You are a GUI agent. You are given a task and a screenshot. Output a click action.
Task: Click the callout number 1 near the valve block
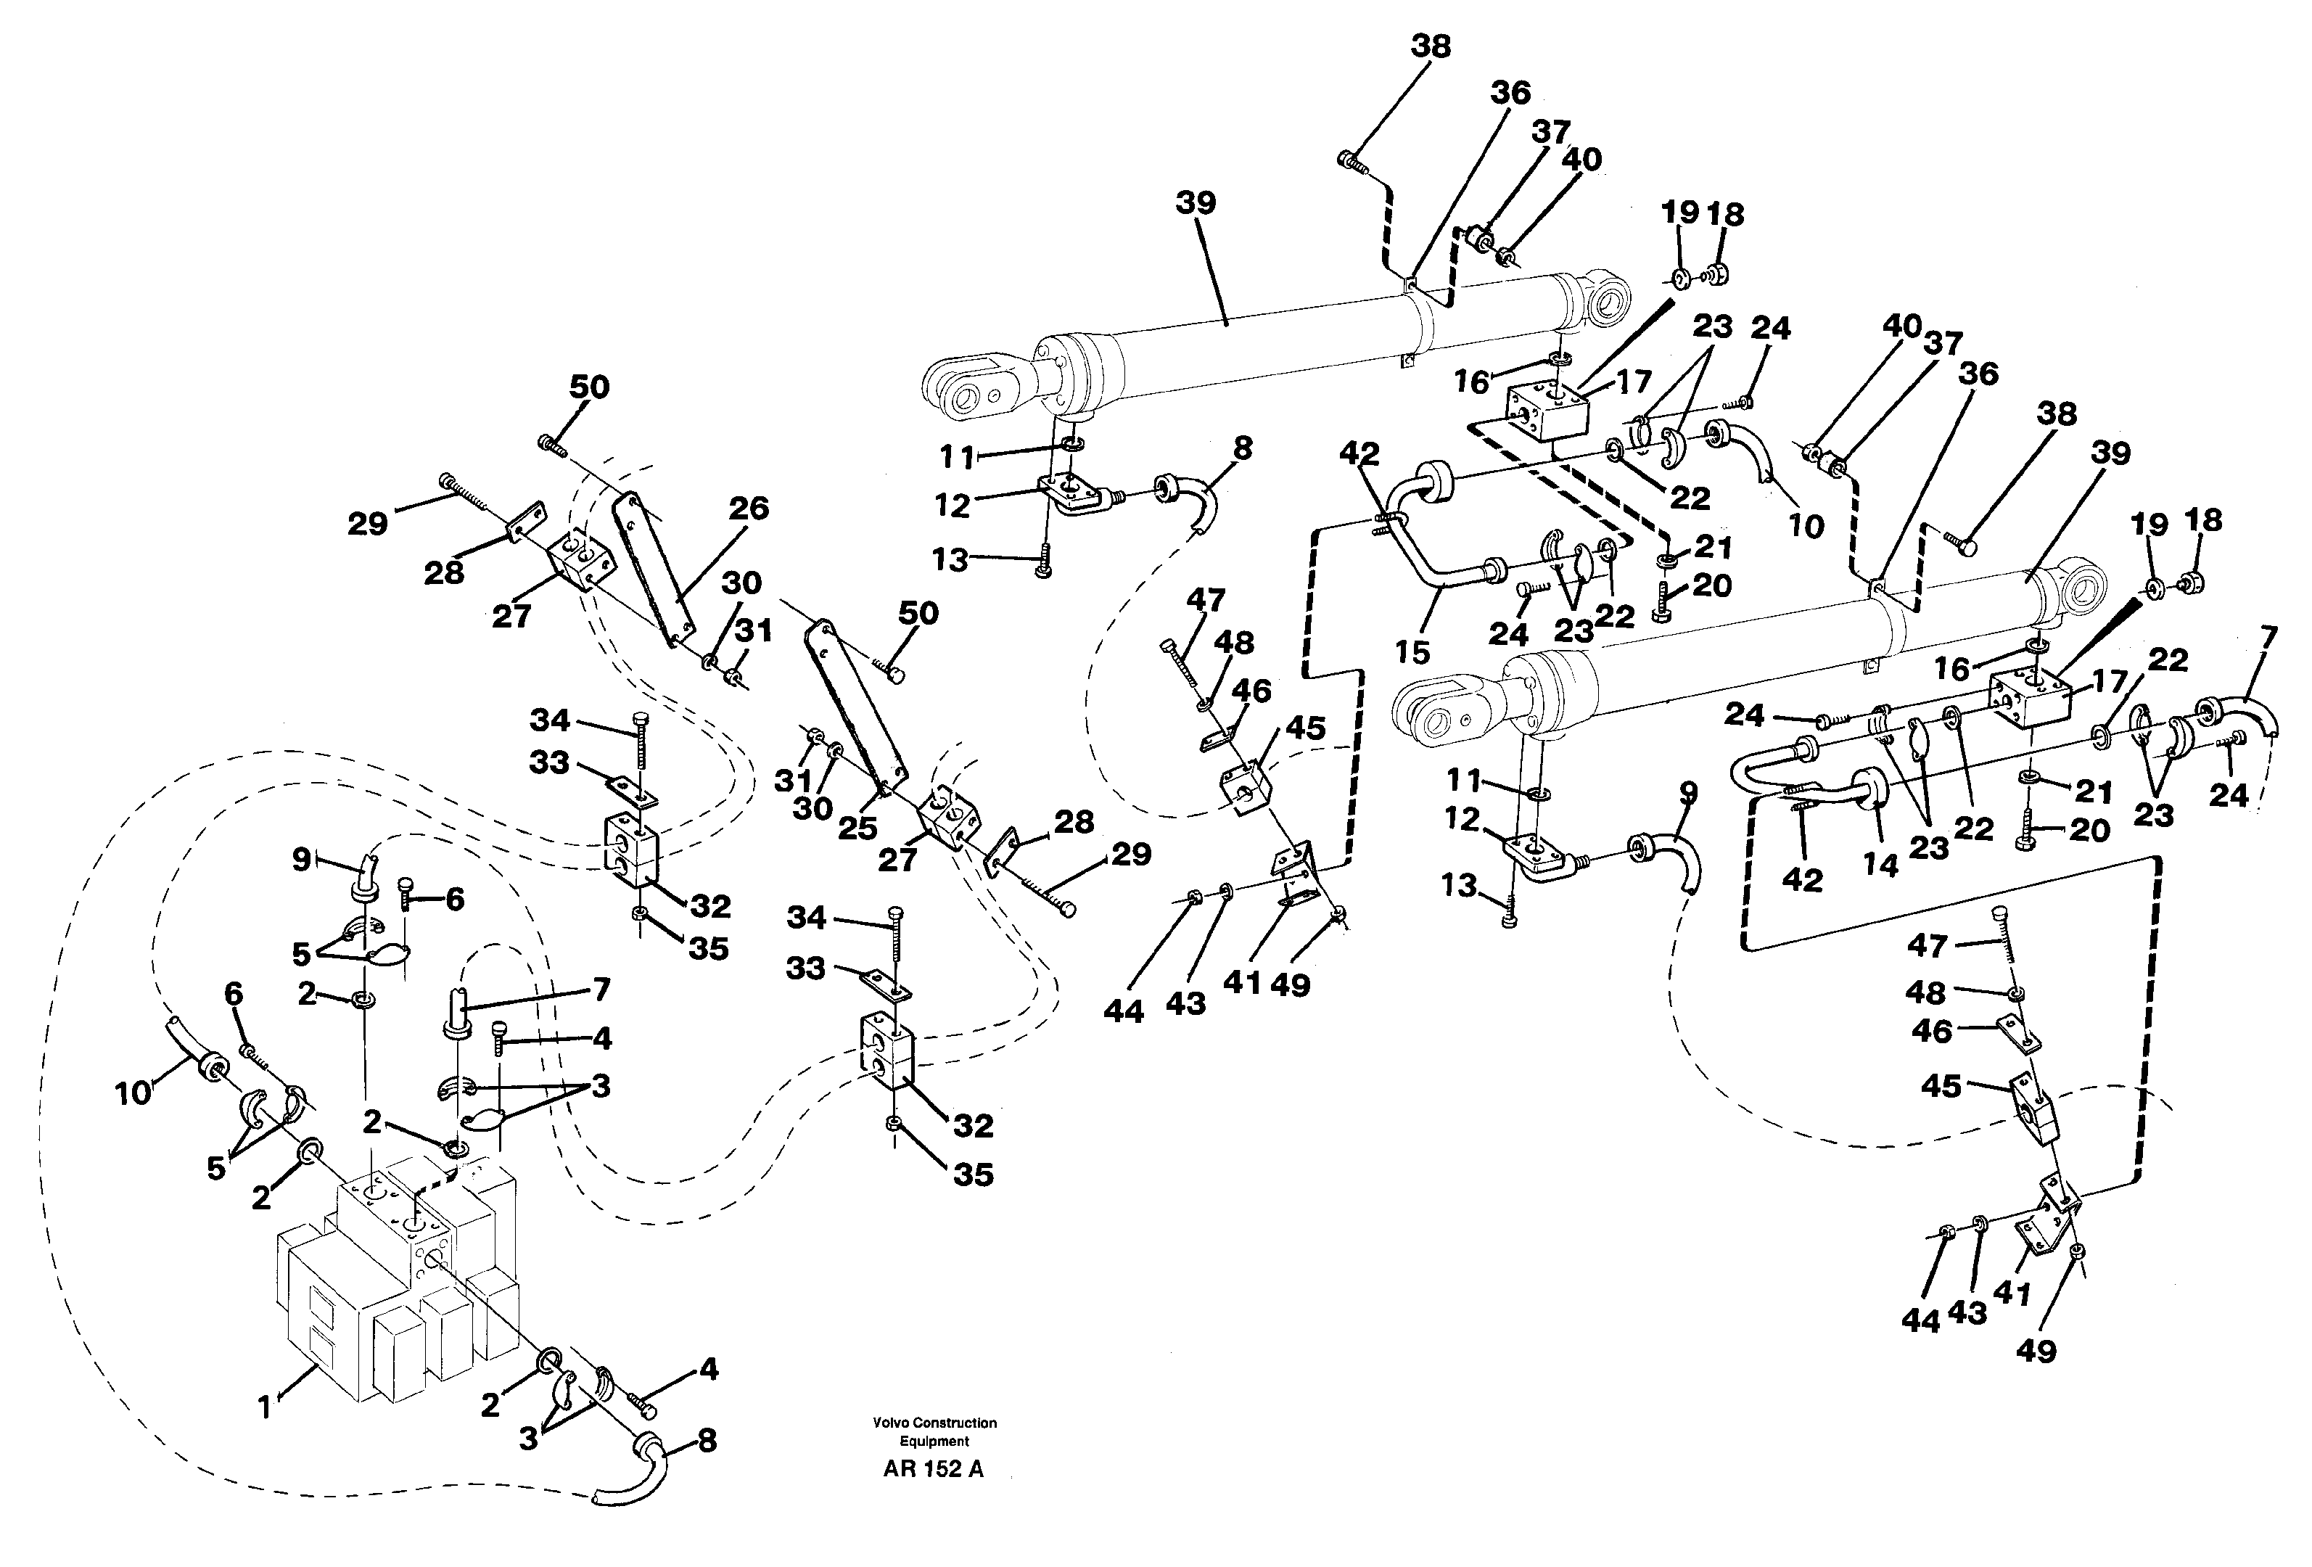(265, 1408)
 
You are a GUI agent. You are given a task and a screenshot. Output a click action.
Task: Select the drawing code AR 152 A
(932, 1468)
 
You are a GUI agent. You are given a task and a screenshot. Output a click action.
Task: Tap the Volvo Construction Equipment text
(934, 1431)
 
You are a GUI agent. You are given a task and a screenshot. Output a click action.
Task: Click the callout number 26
(748, 509)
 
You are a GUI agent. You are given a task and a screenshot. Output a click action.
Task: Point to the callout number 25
(857, 827)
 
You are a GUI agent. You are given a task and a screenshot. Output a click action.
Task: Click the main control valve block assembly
(398, 1273)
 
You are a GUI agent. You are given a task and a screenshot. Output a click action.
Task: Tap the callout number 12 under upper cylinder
(952, 506)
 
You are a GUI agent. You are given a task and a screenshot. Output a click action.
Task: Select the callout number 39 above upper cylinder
(1196, 203)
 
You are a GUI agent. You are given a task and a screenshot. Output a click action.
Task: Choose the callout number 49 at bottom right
(2036, 1350)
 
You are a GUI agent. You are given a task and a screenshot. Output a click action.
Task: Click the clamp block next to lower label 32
(887, 1060)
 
